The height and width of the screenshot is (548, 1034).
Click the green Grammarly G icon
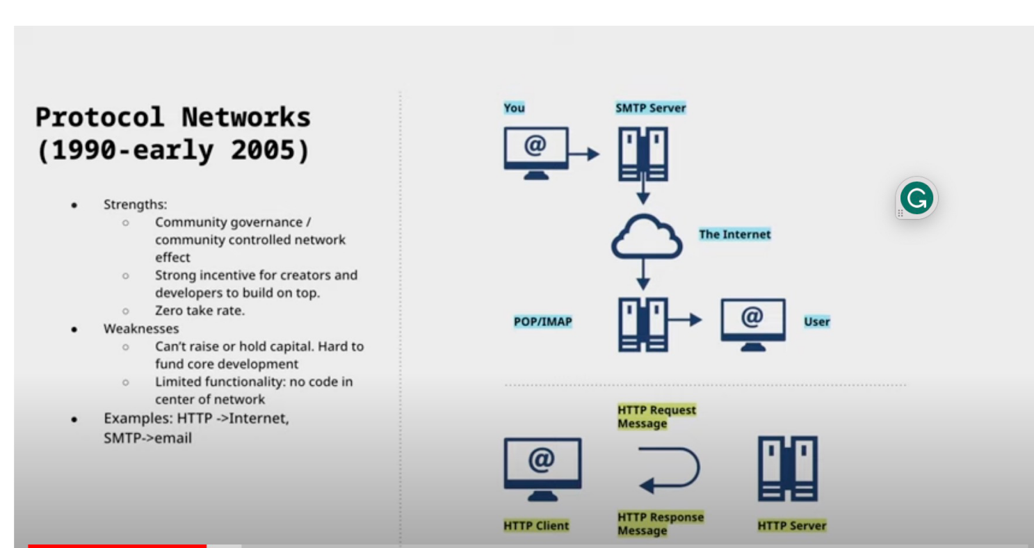click(916, 199)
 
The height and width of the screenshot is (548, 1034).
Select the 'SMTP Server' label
click(650, 108)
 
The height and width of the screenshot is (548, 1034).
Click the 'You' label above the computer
click(514, 108)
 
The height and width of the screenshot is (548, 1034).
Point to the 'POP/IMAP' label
click(542, 321)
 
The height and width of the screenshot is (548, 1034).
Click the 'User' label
click(816, 321)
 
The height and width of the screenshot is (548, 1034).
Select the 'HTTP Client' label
click(536, 526)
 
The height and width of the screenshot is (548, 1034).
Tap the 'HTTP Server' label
click(792, 526)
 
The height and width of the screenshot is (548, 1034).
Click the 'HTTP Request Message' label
click(656, 417)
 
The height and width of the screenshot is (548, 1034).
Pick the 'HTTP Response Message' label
click(660, 524)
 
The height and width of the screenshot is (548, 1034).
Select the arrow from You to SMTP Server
click(583, 154)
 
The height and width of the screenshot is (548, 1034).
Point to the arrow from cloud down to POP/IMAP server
click(643, 275)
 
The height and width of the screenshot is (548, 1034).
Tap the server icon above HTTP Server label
click(787, 469)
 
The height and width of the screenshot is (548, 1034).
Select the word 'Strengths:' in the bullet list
click(135, 204)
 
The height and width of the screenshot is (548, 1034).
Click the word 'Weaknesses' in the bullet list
click(141, 328)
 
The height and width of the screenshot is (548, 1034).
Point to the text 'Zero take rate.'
click(200, 311)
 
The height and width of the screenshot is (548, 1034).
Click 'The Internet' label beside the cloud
click(734, 234)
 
